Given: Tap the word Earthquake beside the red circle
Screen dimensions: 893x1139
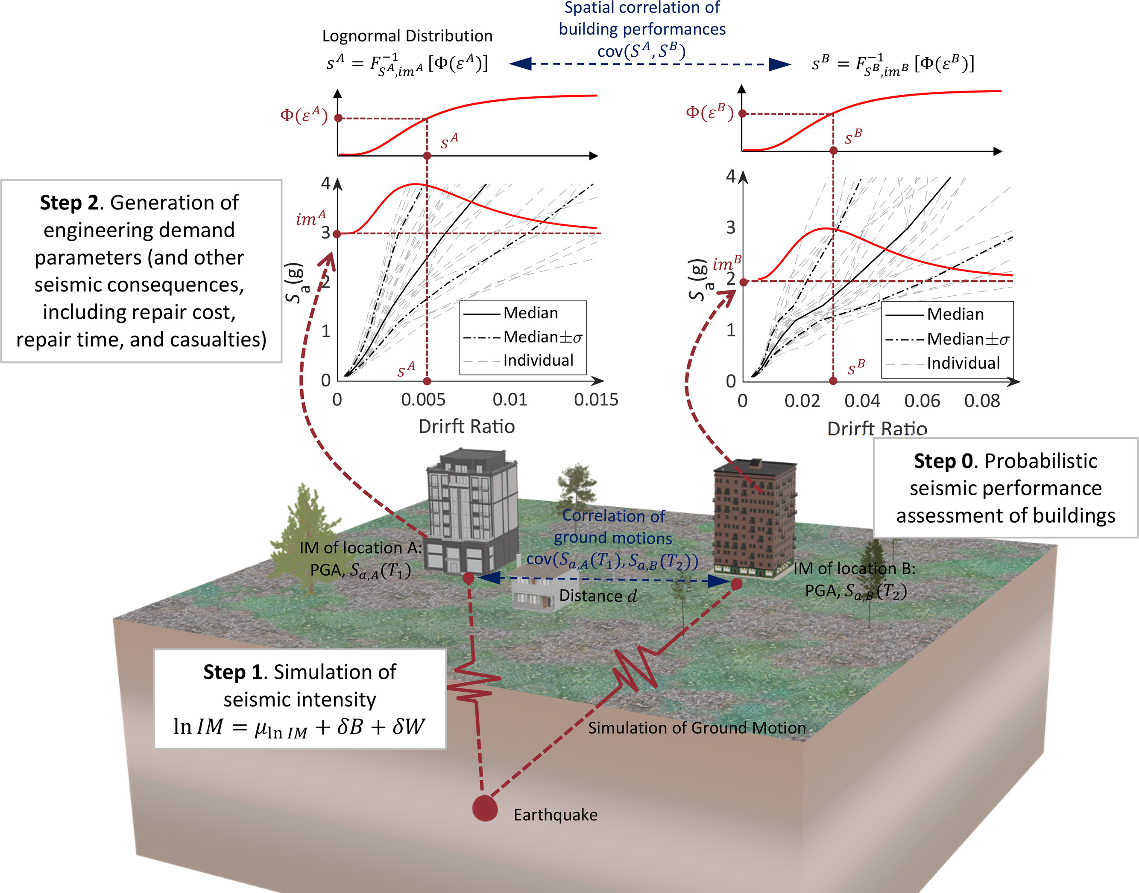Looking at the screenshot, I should (555, 815).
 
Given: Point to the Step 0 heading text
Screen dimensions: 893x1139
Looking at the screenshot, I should (943, 461).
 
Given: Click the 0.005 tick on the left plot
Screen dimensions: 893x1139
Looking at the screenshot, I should (423, 400).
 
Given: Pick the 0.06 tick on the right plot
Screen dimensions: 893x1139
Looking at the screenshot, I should (922, 401).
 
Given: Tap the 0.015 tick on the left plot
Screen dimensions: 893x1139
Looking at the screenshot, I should (596, 400).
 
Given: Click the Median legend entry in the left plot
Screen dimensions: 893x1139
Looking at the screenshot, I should (530, 313).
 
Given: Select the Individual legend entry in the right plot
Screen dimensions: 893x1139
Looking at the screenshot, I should (963, 363).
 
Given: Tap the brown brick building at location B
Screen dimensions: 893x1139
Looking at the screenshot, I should (753, 518).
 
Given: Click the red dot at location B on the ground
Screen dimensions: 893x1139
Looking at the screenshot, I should (736, 584).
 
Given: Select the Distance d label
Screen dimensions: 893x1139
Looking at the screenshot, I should (597, 596).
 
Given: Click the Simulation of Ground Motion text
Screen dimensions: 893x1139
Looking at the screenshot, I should (697, 728).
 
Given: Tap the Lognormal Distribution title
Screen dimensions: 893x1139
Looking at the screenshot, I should (407, 36).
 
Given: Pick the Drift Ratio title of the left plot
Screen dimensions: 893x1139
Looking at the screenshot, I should (466, 427).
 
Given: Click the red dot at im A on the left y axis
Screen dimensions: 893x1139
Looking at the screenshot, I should (337, 234).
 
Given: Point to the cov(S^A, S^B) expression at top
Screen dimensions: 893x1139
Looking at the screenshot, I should (641, 51).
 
